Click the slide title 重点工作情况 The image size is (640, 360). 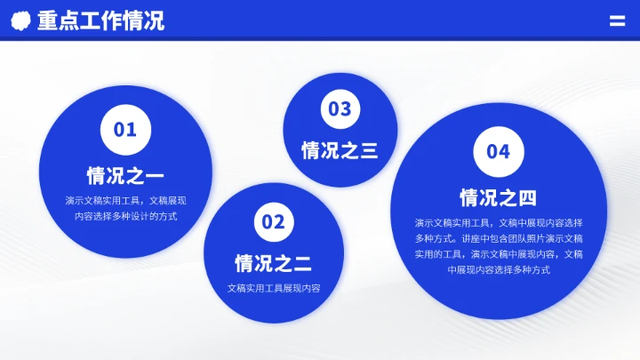100,20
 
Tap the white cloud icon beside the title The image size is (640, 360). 21,20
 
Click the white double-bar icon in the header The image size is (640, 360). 617,20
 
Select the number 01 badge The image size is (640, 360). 125,130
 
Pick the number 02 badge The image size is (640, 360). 273,221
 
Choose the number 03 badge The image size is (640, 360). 340,109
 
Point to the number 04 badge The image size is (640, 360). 498,151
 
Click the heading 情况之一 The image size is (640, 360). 125,174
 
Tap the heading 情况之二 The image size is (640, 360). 273,263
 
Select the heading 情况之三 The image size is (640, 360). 340,150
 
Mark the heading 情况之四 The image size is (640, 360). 498,197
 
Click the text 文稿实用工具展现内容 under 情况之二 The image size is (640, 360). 273,289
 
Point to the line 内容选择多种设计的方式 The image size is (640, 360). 125,216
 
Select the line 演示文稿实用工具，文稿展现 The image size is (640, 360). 125,200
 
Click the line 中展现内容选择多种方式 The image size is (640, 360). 498,270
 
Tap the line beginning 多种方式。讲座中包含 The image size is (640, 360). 498,238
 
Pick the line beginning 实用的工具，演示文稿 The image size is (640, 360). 498,254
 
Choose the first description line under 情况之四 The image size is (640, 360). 498,222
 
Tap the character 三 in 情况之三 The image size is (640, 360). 368,150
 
